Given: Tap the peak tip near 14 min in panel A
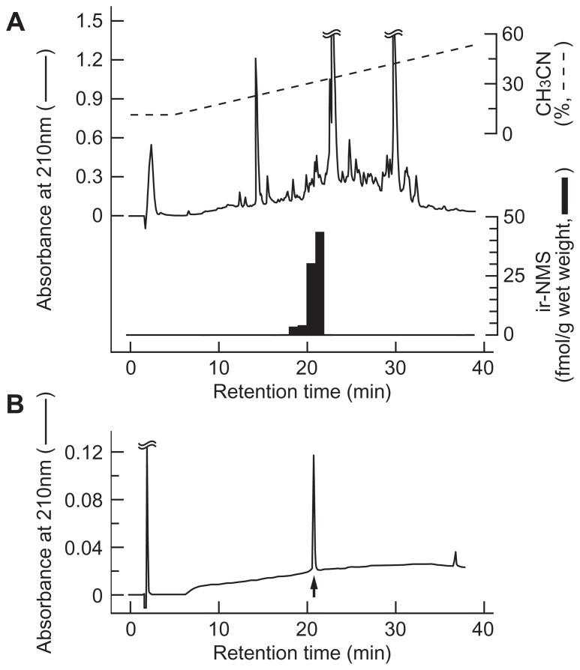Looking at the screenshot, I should point(256,59).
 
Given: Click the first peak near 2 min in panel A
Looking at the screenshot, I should point(152,146).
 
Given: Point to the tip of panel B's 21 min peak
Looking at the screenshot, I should point(314,456).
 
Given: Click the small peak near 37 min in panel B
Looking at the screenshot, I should point(455,553).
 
